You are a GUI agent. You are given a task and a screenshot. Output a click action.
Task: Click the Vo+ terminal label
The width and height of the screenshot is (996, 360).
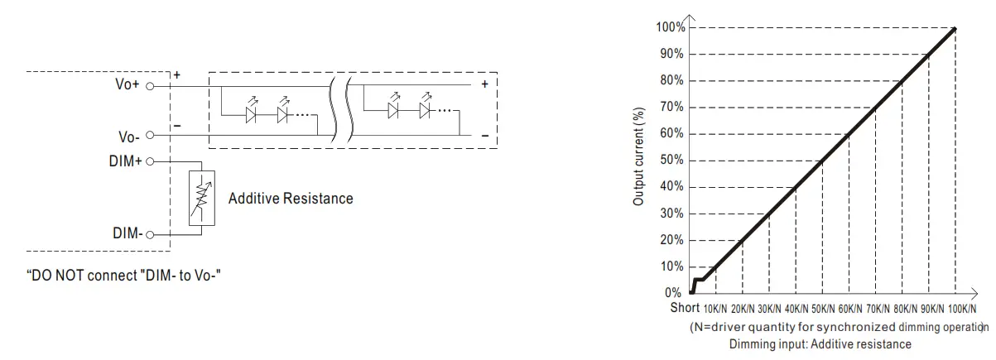tap(128, 84)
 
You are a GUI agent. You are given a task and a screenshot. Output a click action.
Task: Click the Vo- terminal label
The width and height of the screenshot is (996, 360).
tap(129, 137)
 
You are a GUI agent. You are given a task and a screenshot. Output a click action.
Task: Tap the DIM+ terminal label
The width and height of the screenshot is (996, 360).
tap(125, 161)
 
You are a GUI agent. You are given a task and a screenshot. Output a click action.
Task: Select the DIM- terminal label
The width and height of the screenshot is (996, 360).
tap(128, 233)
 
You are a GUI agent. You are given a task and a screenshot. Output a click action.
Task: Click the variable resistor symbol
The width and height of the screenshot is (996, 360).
tap(202, 199)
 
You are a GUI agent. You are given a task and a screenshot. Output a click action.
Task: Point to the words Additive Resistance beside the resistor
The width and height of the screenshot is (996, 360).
tap(291, 199)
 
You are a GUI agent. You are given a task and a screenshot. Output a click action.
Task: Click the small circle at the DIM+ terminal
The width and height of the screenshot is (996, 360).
tap(150, 161)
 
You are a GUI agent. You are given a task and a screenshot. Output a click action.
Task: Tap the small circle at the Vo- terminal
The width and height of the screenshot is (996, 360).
tap(150, 135)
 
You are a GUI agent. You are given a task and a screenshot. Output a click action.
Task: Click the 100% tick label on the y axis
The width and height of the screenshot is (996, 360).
tap(671, 27)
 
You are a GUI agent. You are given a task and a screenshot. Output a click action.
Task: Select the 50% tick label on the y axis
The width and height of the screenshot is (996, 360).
tap(672, 160)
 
